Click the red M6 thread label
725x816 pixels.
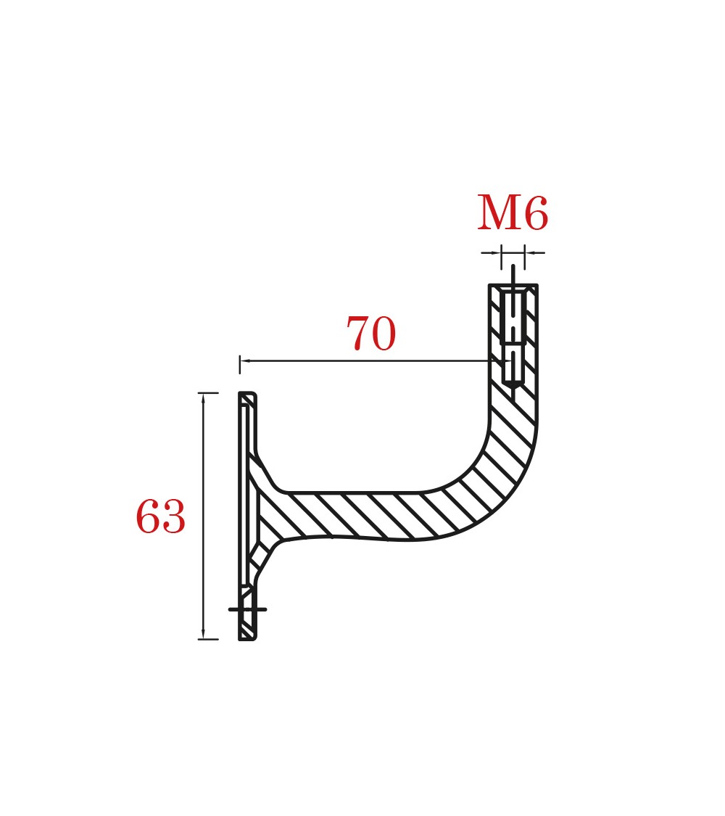(x=513, y=213)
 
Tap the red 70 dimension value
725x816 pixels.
(x=371, y=333)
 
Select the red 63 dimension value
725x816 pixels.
(x=160, y=516)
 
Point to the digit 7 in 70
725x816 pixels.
(x=358, y=333)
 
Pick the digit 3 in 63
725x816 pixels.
(x=174, y=516)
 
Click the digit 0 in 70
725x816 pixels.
(x=384, y=334)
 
